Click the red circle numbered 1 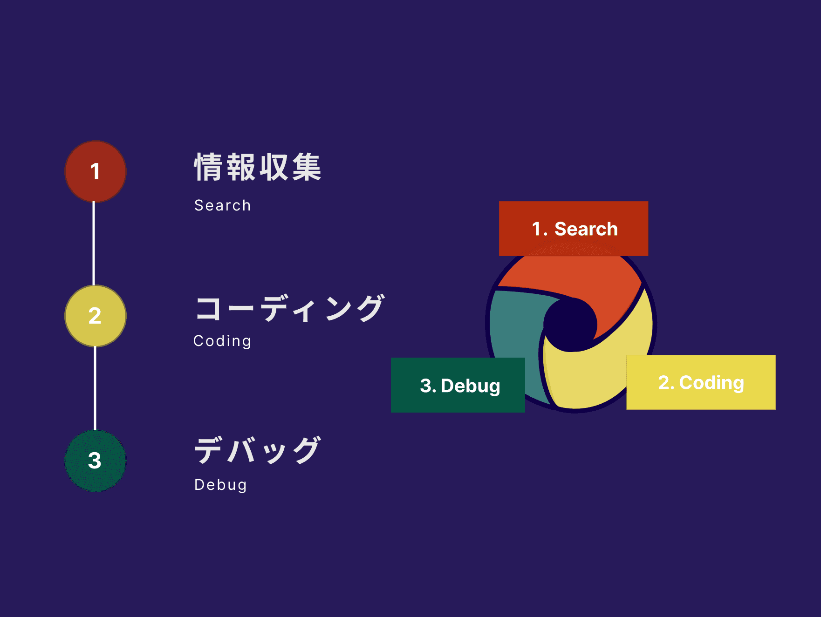click(x=96, y=171)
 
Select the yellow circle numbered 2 click(x=96, y=316)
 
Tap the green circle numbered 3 click(x=96, y=461)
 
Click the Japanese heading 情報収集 click(x=258, y=167)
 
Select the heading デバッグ click(x=258, y=450)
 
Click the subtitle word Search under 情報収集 click(x=223, y=205)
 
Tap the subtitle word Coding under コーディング click(x=222, y=341)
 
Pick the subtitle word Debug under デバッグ click(x=220, y=485)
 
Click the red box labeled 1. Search click(x=574, y=229)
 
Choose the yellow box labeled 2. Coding click(x=701, y=382)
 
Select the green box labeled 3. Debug click(x=458, y=385)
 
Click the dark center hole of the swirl click(x=570, y=324)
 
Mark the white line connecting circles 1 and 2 click(x=94, y=244)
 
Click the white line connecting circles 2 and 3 click(x=95, y=388)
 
